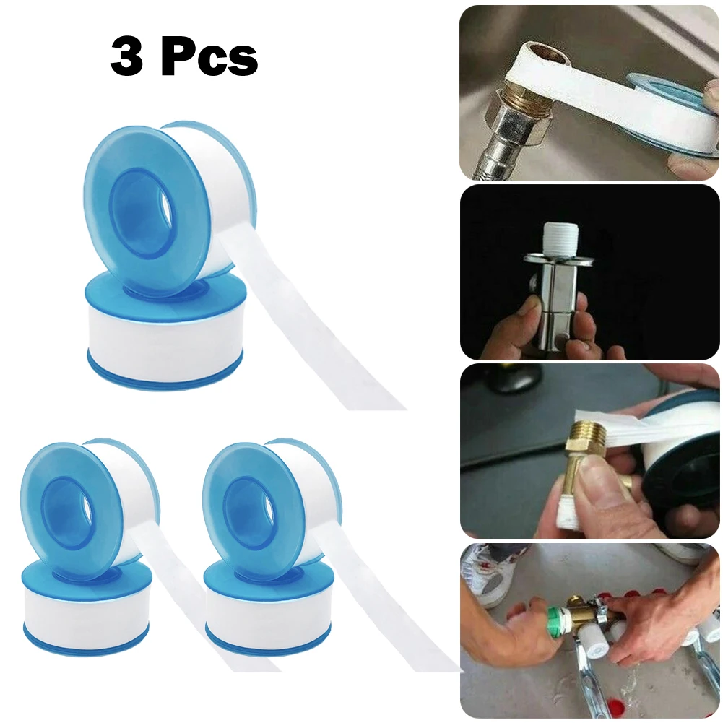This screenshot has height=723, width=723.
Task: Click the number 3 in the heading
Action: click(126, 59)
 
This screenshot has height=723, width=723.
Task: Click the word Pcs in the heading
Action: click(209, 59)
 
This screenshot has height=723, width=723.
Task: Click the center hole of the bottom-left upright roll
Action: click(69, 504)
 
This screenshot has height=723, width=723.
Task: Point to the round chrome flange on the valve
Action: click(556, 256)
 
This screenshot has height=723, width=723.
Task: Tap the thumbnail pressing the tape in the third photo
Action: click(591, 482)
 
